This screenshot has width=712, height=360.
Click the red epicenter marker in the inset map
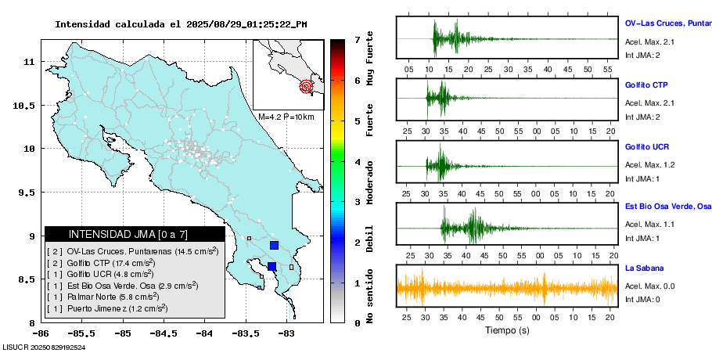307,86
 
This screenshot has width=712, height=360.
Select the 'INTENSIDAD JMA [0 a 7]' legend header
135,234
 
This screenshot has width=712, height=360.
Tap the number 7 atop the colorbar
357,39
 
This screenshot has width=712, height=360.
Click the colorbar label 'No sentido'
371,297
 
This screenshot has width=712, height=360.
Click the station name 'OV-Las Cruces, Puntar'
667,23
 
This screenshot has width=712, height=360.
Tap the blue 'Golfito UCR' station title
647,147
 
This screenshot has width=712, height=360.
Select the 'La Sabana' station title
643,268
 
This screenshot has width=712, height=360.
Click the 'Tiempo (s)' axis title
506,331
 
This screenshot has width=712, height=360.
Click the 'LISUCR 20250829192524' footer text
45,347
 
